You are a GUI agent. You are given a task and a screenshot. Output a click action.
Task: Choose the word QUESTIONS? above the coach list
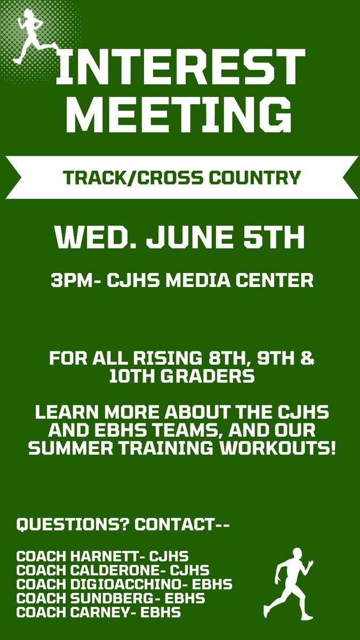[x=71, y=525]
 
